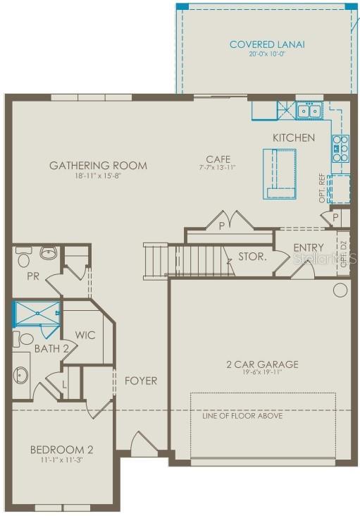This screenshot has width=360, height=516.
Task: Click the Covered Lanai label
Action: coord(267,44)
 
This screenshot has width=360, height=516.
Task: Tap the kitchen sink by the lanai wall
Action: coord(308,111)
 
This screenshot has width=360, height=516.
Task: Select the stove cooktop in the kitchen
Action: coord(340,149)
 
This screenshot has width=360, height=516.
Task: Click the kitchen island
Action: coord(280,173)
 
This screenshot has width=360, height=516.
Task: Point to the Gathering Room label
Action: coord(98,166)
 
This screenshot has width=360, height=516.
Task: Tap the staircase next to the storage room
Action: coord(190,259)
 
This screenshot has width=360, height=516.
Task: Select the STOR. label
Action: coord(252,257)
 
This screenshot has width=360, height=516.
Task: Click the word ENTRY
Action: coord(309,247)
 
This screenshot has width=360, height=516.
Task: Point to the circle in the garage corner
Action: coord(340,290)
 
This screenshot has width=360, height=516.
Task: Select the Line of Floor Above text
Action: coord(242,416)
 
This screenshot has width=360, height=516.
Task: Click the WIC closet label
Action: coord(85,335)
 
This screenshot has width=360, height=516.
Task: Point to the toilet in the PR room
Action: coord(22,252)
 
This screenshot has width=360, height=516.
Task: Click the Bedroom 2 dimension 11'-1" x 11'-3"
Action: coord(61,460)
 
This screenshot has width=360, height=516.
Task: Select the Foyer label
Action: coord(141,381)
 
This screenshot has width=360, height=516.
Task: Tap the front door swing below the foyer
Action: coord(144,444)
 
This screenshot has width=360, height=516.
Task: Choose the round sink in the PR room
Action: coord(48,252)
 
